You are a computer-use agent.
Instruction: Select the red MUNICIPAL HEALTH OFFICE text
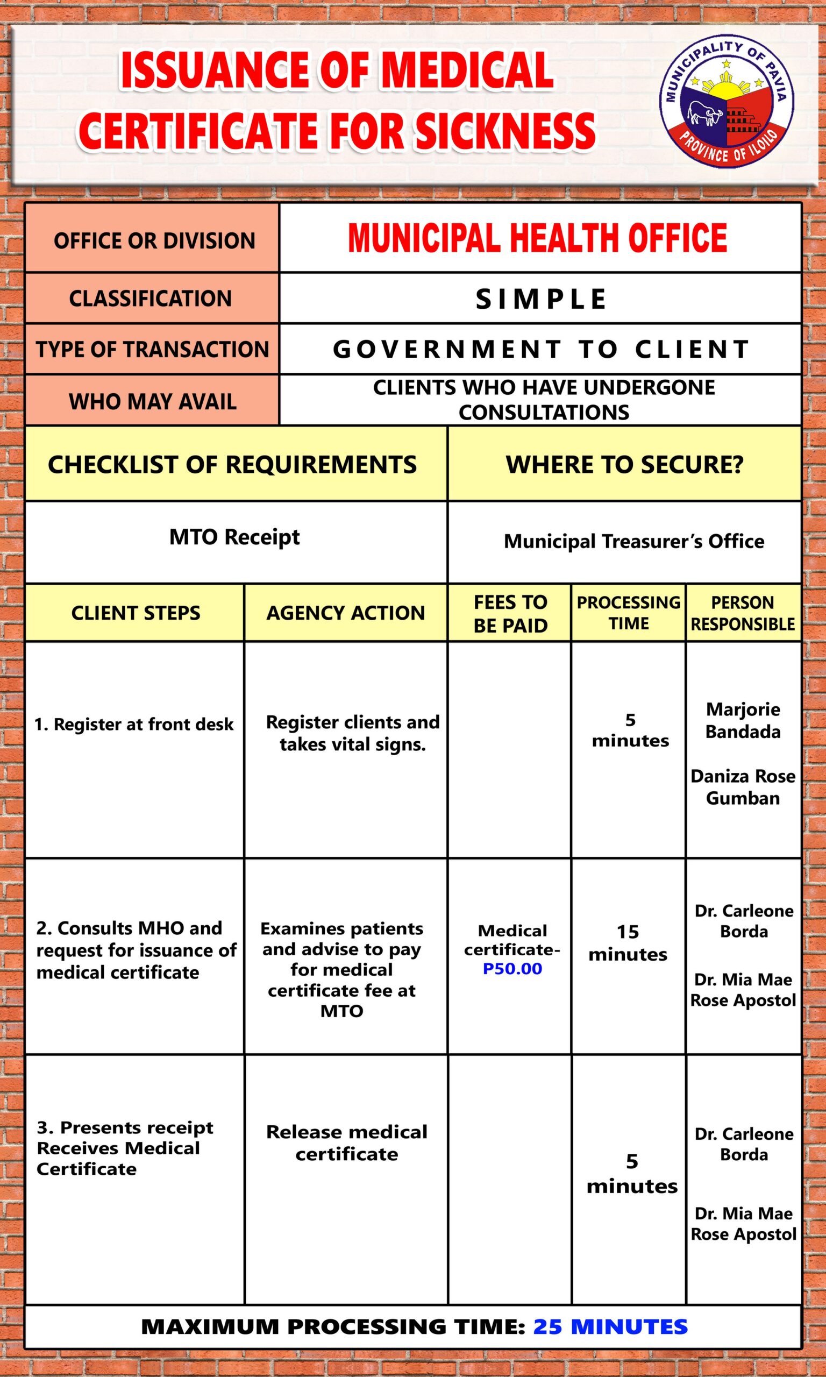[537, 238]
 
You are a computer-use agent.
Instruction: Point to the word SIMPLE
[540, 299]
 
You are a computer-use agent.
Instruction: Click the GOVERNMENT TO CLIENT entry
[540, 350]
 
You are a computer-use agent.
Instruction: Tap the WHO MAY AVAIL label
[153, 401]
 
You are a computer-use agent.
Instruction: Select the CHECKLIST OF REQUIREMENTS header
[232, 465]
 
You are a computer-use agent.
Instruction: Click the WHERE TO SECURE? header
[624, 465]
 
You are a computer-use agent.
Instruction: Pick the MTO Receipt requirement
[234, 537]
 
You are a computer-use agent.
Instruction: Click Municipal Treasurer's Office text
[633, 541]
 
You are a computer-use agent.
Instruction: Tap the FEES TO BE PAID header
[510, 613]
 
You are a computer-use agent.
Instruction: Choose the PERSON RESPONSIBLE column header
[743, 613]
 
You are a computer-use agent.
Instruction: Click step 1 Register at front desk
[133, 724]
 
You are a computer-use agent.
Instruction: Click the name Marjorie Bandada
[743, 720]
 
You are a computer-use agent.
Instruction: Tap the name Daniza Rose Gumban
[743, 787]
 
